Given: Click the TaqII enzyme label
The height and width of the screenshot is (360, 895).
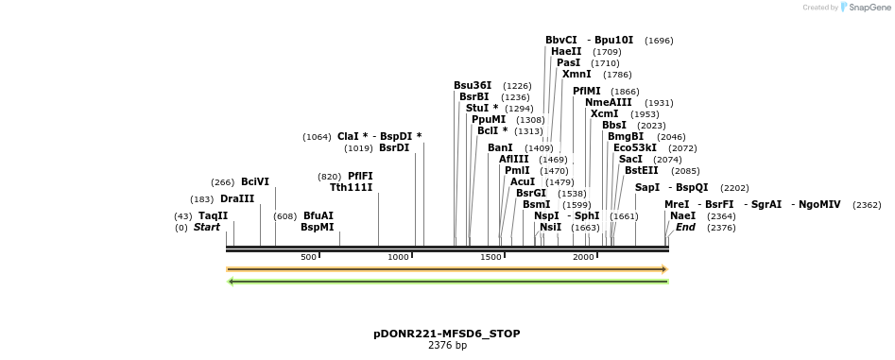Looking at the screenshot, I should point(213,215).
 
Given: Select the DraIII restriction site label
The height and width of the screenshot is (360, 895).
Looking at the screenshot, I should point(236,198).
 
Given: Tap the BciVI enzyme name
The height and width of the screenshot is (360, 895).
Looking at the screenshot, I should point(254,181).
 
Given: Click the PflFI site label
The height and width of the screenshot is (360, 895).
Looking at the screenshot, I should point(359,176).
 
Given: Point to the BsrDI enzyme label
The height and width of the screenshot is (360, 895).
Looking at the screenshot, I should point(394,147).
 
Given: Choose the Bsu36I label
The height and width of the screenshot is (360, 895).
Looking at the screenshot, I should point(472,85).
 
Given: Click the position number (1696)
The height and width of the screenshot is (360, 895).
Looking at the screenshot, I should point(659,41).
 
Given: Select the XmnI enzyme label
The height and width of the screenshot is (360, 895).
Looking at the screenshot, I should point(577,74).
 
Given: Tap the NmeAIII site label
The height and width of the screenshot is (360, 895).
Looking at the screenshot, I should point(609,102).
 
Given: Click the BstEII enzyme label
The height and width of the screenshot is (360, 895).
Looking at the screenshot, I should point(641,170).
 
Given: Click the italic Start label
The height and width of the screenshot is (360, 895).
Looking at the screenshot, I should point(206,227).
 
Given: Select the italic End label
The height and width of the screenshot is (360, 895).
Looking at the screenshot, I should point(685,227).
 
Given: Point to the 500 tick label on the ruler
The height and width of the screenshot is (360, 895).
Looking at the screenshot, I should point(308,257).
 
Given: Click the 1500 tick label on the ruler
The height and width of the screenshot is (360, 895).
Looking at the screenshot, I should point(491,257).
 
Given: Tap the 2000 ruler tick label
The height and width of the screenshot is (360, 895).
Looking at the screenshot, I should point(583,257).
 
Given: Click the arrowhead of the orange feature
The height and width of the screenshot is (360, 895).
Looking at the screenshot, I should point(664,269).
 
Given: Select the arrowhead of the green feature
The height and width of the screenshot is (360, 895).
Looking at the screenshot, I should point(232,281).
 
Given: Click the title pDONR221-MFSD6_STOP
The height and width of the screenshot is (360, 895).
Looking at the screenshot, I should point(446,334).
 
